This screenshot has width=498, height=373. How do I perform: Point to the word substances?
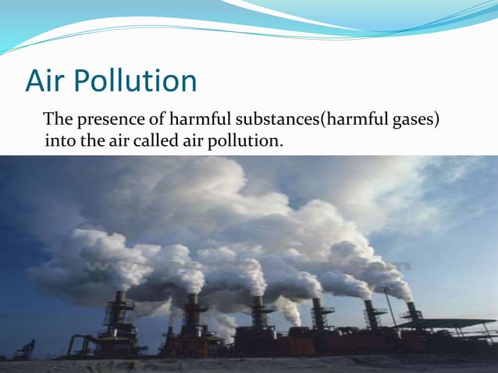click(274, 120)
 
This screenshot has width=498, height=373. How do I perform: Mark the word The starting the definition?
click(58, 120)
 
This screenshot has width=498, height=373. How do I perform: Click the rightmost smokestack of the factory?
click(412, 312)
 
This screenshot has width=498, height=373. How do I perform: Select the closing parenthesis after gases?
click(436, 120)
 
